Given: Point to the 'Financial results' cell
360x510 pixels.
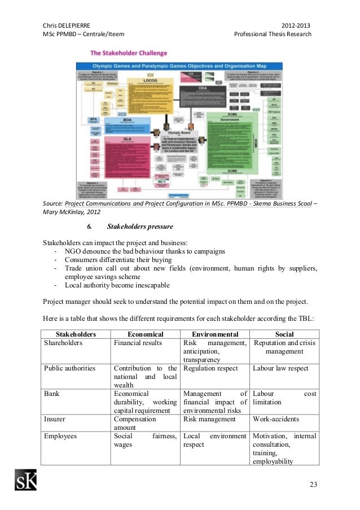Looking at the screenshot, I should [x=138, y=343].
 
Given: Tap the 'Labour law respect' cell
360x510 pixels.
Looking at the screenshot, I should [x=280, y=368].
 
